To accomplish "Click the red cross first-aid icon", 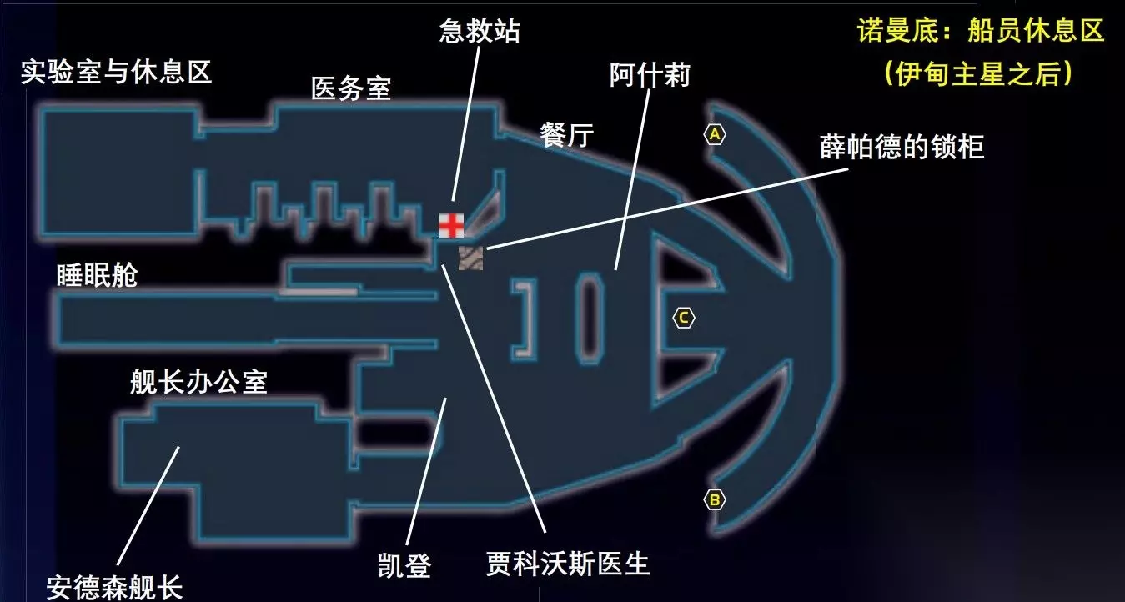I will point(451,225).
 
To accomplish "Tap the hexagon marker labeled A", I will point(715,134).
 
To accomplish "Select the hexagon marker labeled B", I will point(714,500).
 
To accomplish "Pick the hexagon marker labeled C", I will point(683,318).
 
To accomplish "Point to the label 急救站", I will point(480,32).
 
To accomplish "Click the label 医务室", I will point(351,88).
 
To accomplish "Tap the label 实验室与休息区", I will point(117,73).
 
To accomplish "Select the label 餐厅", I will point(566,135).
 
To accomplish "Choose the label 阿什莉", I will point(650,76).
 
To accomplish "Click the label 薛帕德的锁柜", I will point(902,148).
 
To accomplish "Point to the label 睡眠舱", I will point(97,275).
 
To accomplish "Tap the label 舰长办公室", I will point(198,382).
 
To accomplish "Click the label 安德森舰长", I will point(114,587).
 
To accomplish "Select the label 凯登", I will point(404,566).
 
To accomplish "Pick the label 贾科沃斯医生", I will point(567,564).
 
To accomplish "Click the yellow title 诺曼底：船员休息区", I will point(981,32).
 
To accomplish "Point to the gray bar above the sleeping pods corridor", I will point(319,292).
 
